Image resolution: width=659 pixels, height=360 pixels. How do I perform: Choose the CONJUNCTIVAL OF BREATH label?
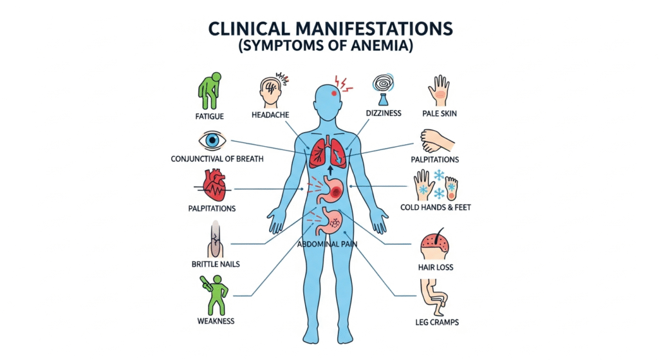tap(217, 158)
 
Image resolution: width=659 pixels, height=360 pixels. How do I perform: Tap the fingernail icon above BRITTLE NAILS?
tap(214, 242)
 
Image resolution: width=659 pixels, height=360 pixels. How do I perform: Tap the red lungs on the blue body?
tap(328, 153)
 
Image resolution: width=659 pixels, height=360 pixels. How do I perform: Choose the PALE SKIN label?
tap(440, 114)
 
